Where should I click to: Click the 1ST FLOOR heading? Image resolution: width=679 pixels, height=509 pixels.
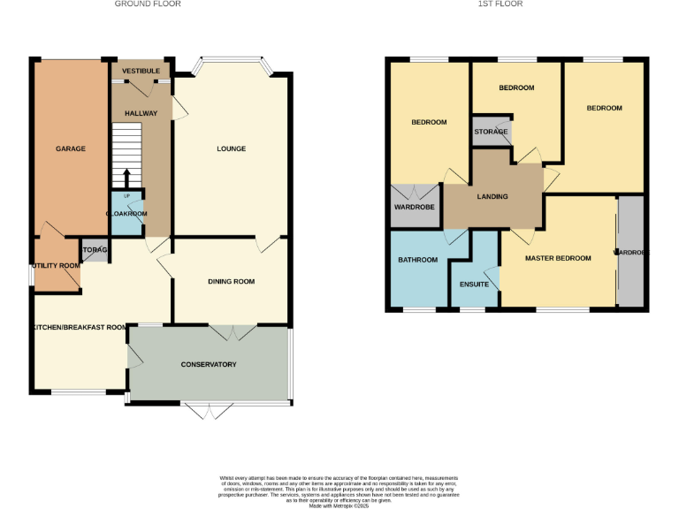(500, 4)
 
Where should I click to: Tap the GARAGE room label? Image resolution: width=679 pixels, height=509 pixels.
(71, 148)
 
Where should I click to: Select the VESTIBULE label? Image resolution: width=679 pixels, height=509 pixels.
(141, 70)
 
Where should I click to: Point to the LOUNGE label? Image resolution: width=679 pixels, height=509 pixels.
(231, 148)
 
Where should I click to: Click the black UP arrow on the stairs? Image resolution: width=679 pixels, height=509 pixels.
(126, 177)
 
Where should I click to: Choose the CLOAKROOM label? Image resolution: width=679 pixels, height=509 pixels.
(126, 214)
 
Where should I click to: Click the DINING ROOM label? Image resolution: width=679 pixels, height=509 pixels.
(231, 282)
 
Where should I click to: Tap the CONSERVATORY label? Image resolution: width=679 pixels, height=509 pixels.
(209, 365)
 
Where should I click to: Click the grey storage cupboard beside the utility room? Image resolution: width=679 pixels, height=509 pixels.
(94, 250)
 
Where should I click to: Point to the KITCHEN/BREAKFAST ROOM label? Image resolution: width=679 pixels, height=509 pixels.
(80, 327)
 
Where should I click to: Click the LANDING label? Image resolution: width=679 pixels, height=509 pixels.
(492, 196)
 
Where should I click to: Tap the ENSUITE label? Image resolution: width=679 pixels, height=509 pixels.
(473, 285)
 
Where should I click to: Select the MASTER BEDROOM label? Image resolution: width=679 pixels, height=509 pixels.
(557, 258)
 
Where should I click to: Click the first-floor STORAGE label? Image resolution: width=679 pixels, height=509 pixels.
(491, 132)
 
